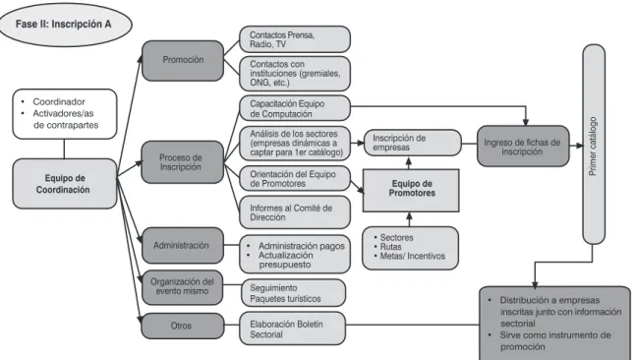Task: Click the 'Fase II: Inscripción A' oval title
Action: pos(64,24)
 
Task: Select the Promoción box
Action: pos(183,60)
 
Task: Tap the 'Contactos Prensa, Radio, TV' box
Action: pos(295,39)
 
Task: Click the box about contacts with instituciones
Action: pos(295,74)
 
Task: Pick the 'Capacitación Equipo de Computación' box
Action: pos(295,108)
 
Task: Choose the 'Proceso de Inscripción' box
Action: pos(182,162)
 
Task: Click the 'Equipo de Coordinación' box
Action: pos(65,184)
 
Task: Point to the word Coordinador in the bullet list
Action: pos(59,102)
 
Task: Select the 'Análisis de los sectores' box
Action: pos(295,144)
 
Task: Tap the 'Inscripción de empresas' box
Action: pos(412,143)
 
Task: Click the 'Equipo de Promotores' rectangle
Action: pos(411,191)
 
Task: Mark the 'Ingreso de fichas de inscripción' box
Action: pos(523,147)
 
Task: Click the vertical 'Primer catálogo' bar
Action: pos(594,144)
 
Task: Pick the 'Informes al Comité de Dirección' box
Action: pos(295,212)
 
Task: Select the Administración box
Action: pos(183,245)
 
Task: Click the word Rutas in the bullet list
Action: pos(390,247)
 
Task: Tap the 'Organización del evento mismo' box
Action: pos(182,287)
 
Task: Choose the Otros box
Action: pos(183,326)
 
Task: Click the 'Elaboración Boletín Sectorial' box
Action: pos(293,329)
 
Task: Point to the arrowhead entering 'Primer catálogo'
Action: pos(580,146)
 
